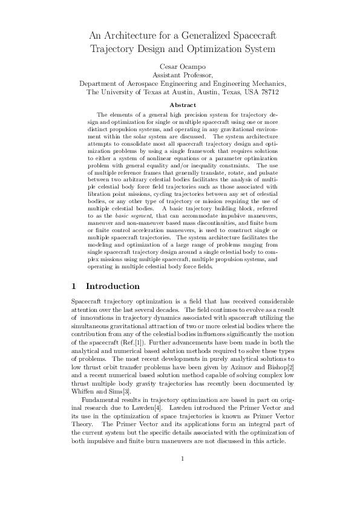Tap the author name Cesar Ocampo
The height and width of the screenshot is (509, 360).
point(180,65)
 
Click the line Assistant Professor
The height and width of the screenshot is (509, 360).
point(180,74)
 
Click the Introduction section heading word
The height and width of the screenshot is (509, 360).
point(113,286)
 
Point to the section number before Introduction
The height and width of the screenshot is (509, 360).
point(73,286)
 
